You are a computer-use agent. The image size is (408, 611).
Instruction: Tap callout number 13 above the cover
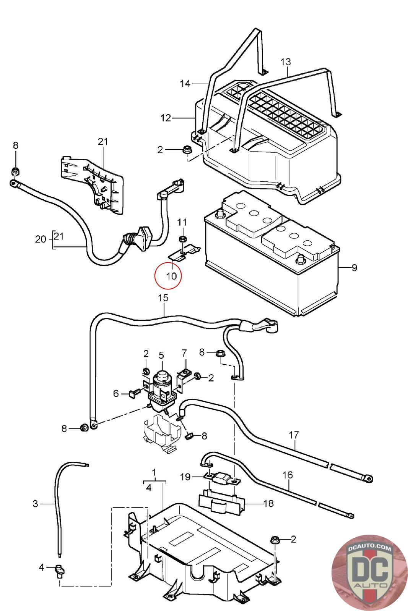286,61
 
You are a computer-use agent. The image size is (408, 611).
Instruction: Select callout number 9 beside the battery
354,268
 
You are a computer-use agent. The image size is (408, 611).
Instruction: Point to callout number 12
166,118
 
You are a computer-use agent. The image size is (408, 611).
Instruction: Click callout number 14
185,83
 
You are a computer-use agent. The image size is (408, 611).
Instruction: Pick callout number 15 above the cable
163,298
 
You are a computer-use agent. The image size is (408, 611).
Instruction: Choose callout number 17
294,435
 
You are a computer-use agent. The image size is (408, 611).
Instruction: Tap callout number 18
268,503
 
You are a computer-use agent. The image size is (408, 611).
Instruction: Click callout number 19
185,477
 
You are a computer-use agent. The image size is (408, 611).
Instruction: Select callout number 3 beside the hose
35,504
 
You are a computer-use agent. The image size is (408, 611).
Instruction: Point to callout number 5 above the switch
161,355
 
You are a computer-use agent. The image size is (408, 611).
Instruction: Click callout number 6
116,393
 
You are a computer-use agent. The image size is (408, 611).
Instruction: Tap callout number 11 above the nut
182,222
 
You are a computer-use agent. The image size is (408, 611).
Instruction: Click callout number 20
40,239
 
